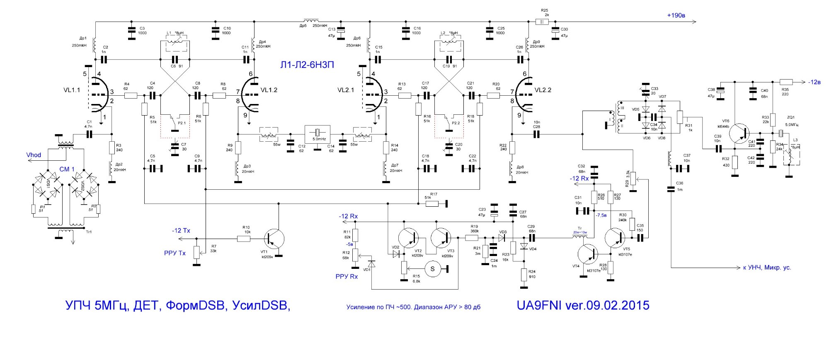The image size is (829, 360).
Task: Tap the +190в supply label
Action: point(676,15)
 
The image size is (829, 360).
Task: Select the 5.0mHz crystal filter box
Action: point(317,133)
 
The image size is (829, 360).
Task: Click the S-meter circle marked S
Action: point(433,269)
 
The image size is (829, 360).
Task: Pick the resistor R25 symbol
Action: point(542,22)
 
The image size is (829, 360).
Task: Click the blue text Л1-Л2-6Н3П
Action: point(307,65)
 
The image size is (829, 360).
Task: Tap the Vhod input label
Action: point(34,155)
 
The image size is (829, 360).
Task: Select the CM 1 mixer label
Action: point(67,169)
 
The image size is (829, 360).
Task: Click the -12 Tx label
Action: point(181,230)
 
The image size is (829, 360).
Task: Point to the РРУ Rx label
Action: point(347,276)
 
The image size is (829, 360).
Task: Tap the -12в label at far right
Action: point(814,82)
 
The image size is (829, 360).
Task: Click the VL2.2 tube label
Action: point(543,90)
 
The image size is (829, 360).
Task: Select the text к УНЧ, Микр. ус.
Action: point(767,268)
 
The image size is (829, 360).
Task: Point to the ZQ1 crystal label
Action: point(791,117)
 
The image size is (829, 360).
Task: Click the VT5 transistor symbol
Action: point(614,238)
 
